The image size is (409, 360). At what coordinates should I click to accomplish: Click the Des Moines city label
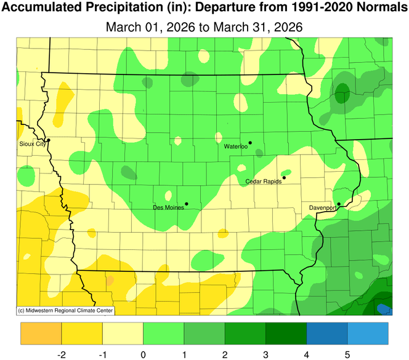pos(168,208)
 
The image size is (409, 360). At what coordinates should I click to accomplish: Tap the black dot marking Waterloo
pos(250,143)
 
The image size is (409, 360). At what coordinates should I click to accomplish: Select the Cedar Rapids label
pos(264,182)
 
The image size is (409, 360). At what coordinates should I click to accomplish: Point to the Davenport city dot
pos(339,204)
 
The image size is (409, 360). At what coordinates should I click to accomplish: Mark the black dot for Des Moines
pos(186,204)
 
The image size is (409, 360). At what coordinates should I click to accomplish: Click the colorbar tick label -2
pos(62,354)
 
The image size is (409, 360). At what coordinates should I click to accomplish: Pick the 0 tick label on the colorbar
pos(144,354)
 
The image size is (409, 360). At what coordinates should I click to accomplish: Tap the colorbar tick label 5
pos(347,354)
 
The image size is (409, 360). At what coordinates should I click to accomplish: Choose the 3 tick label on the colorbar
pos(266,354)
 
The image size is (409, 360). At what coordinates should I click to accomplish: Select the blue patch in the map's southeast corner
pos(383,308)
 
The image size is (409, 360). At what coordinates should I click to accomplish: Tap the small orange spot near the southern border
pos(110,281)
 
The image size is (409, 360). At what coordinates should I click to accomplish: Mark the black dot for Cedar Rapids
pos(284,178)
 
